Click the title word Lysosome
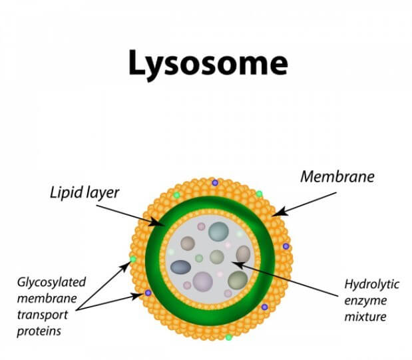208,65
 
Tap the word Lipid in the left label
65,193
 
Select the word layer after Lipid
102,194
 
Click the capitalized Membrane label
337,176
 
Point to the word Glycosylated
51,283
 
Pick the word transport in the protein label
43,315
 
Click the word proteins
39,331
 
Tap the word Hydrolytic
371,285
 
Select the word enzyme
365,301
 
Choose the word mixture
365,316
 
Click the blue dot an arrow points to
148,293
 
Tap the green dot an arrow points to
133,260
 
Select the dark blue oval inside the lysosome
180,268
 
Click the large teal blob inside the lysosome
218,232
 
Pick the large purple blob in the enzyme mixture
202,281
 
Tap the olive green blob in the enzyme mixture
238,280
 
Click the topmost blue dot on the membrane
215,182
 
